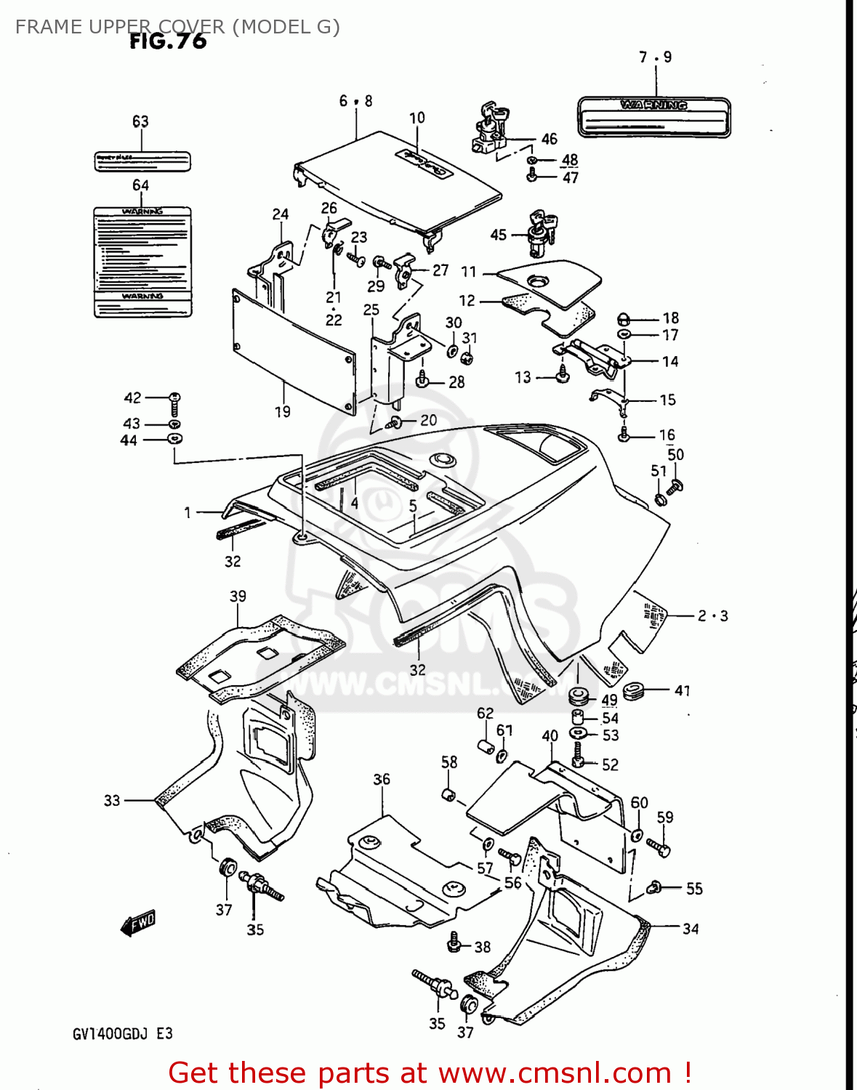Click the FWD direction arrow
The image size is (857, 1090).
pyautogui.click(x=138, y=924)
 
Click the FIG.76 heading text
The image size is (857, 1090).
pyautogui.click(x=168, y=41)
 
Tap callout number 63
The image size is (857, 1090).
pyautogui.click(x=140, y=121)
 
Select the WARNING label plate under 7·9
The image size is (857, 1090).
pyautogui.click(x=653, y=117)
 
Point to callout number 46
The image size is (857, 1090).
pyautogui.click(x=549, y=139)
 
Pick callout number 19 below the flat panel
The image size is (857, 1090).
pyautogui.click(x=282, y=411)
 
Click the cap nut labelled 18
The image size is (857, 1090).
pyautogui.click(x=623, y=319)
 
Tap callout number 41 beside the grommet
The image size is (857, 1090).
pyautogui.click(x=682, y=690)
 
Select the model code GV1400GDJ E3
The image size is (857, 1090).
pyautogui.click(x=122, y=1033)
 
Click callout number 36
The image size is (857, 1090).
pyautogui.click(x=382, y=779)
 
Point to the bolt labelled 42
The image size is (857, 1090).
pyautogui.click(x=174, y=403)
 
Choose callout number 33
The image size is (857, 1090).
pyautogui.click(x=111, y=800)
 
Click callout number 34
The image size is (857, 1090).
pyautogui.click(x=690, y=929)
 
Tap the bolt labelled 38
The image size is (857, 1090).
pyautogui.click(x=454, y=942)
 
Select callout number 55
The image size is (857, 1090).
pyautogui.click(x=694, y=888)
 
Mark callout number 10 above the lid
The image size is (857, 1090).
pyautogui.click(x=417, y=118)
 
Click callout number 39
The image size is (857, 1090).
pyautogui.click(x=238, y=596)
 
